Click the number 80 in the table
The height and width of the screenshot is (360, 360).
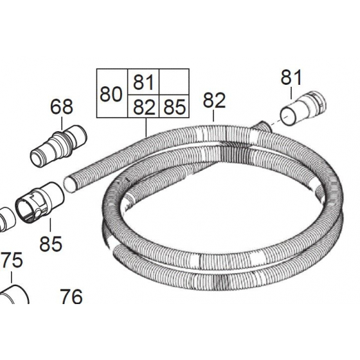tap(111, 94)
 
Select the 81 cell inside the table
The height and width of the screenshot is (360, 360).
tap(143, 82)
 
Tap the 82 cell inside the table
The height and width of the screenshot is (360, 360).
tap(143, 106)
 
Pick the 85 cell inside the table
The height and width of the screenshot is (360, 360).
tap(174, 106)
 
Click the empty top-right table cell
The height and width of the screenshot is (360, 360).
tap(174, 82)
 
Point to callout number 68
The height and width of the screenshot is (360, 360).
tap(62, 107)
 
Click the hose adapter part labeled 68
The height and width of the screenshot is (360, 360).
tap(59, 146)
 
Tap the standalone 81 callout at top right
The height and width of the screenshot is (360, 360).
tap(291, 78)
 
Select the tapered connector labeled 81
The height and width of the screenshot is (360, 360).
tap(303, 108)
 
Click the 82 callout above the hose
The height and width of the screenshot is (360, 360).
tap(214, 100)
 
